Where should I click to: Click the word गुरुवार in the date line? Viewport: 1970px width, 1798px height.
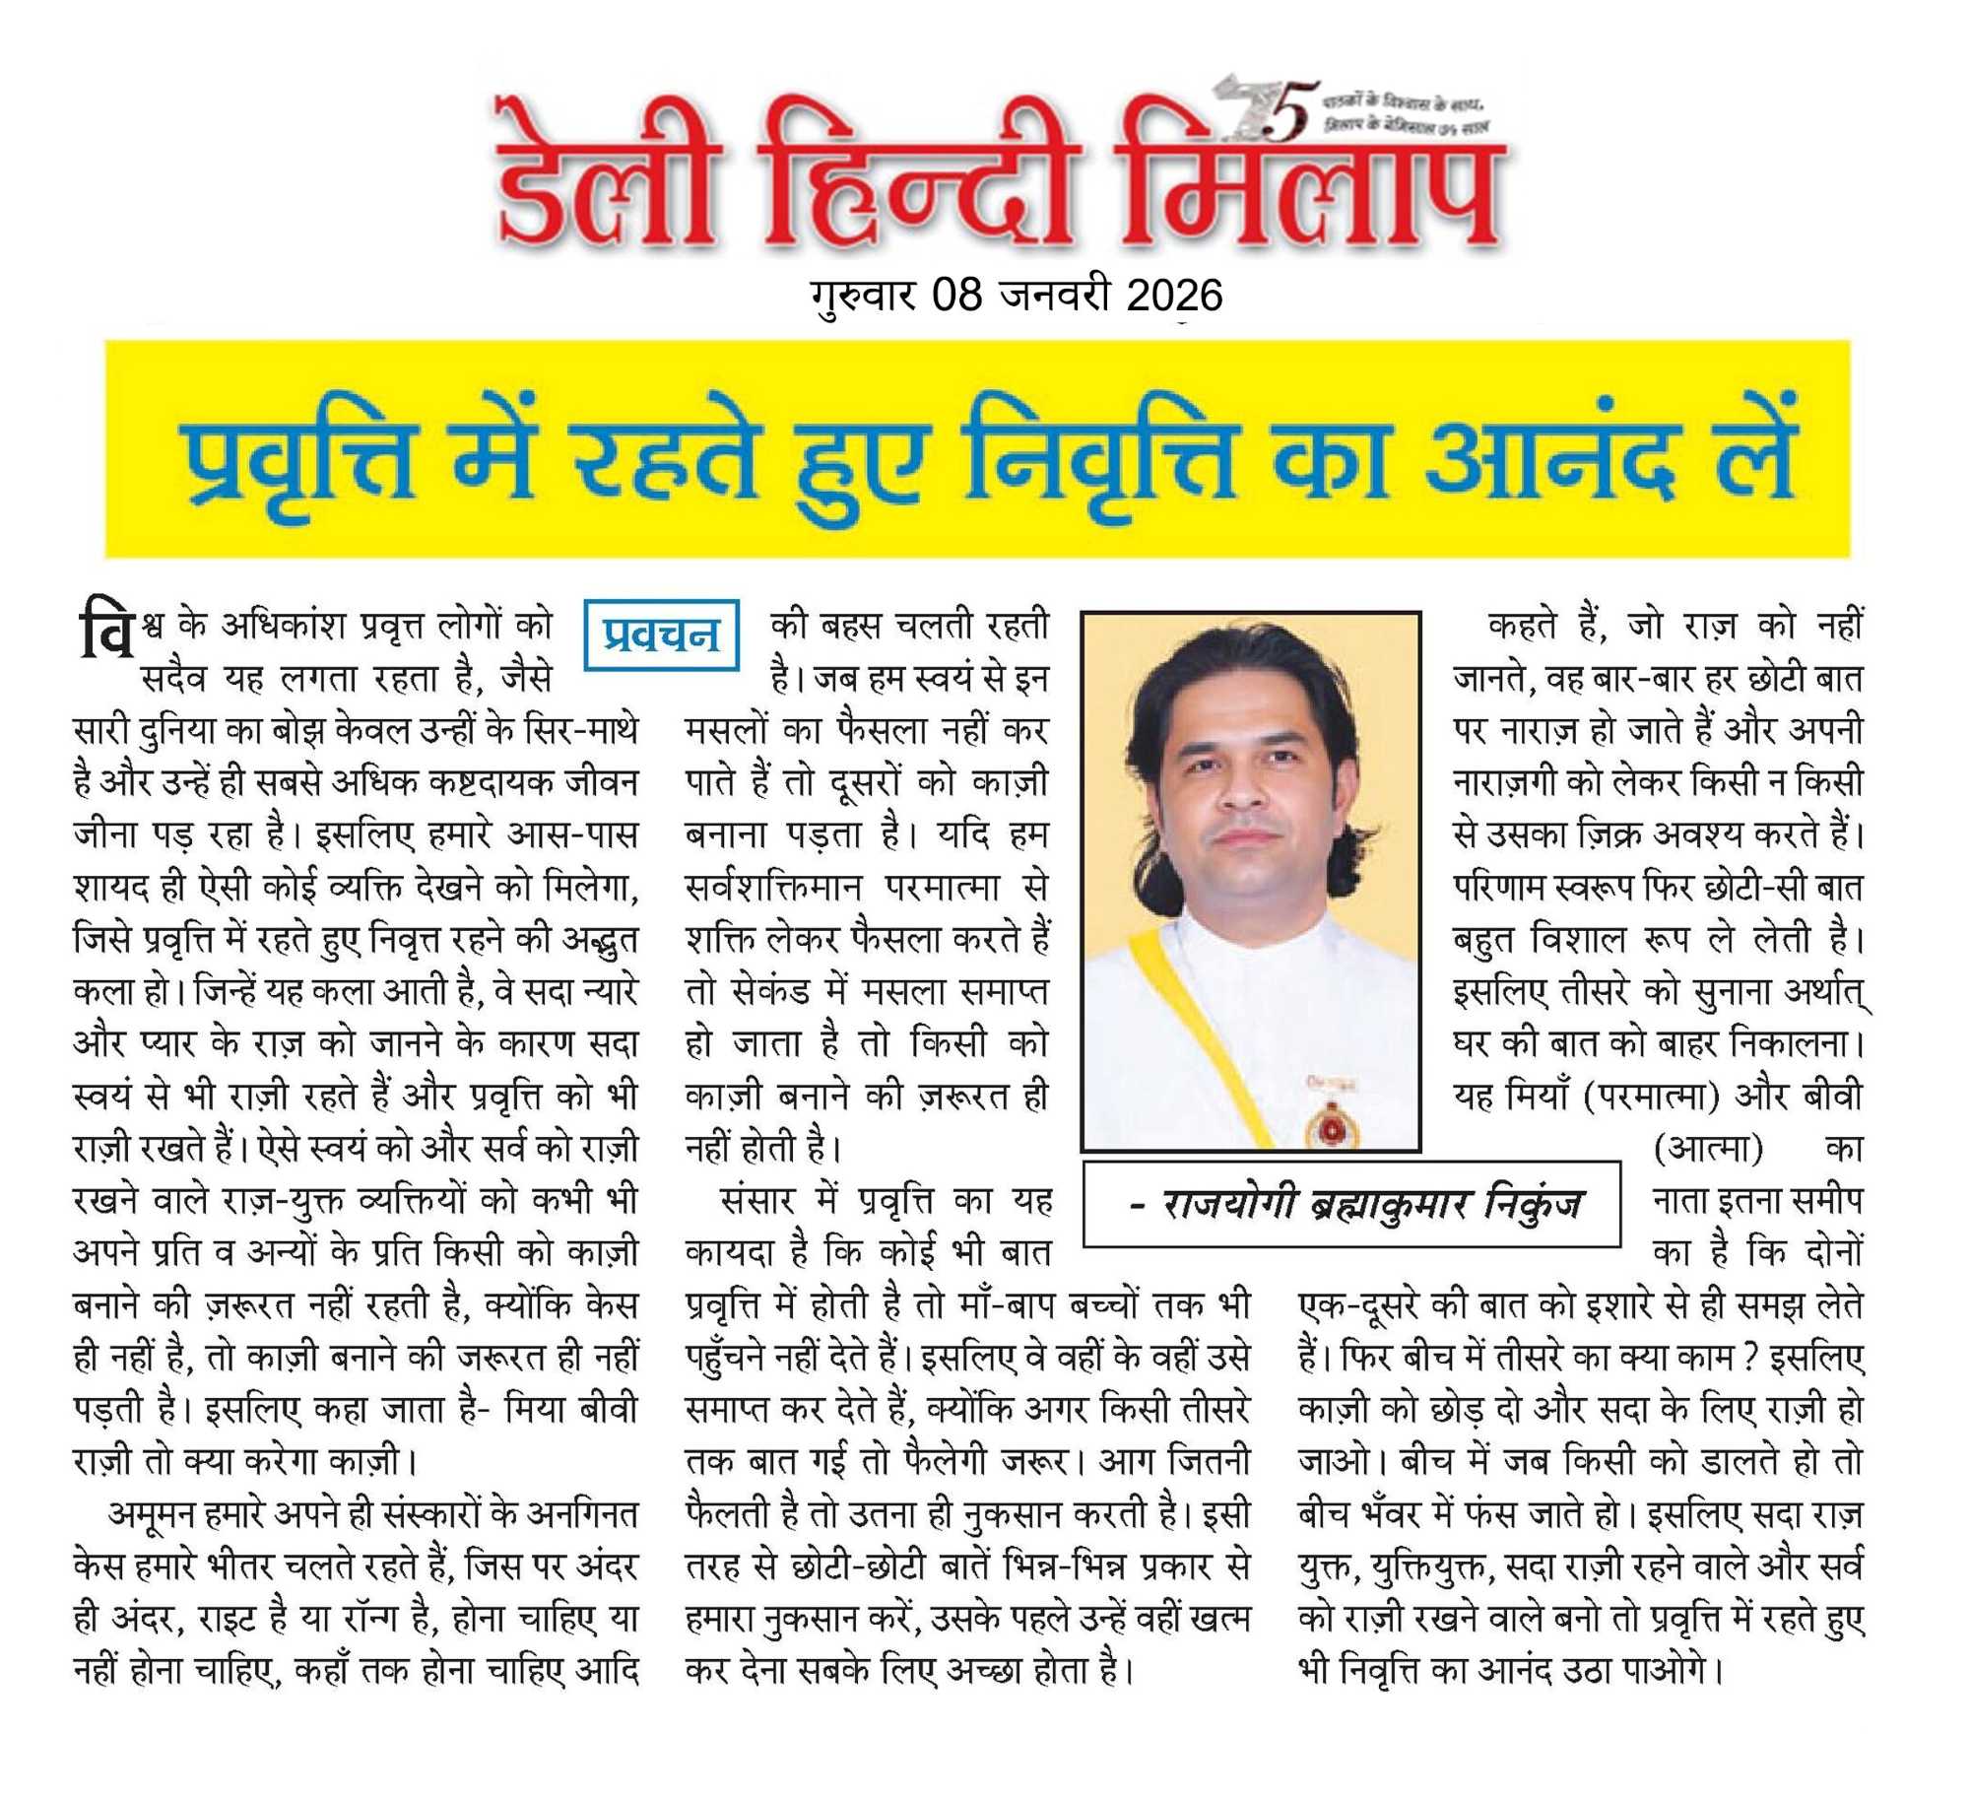pos(863,295)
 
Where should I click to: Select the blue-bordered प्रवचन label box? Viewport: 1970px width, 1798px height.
pos(661,634)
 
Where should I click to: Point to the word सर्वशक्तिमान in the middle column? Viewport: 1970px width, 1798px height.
pos(774,887)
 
